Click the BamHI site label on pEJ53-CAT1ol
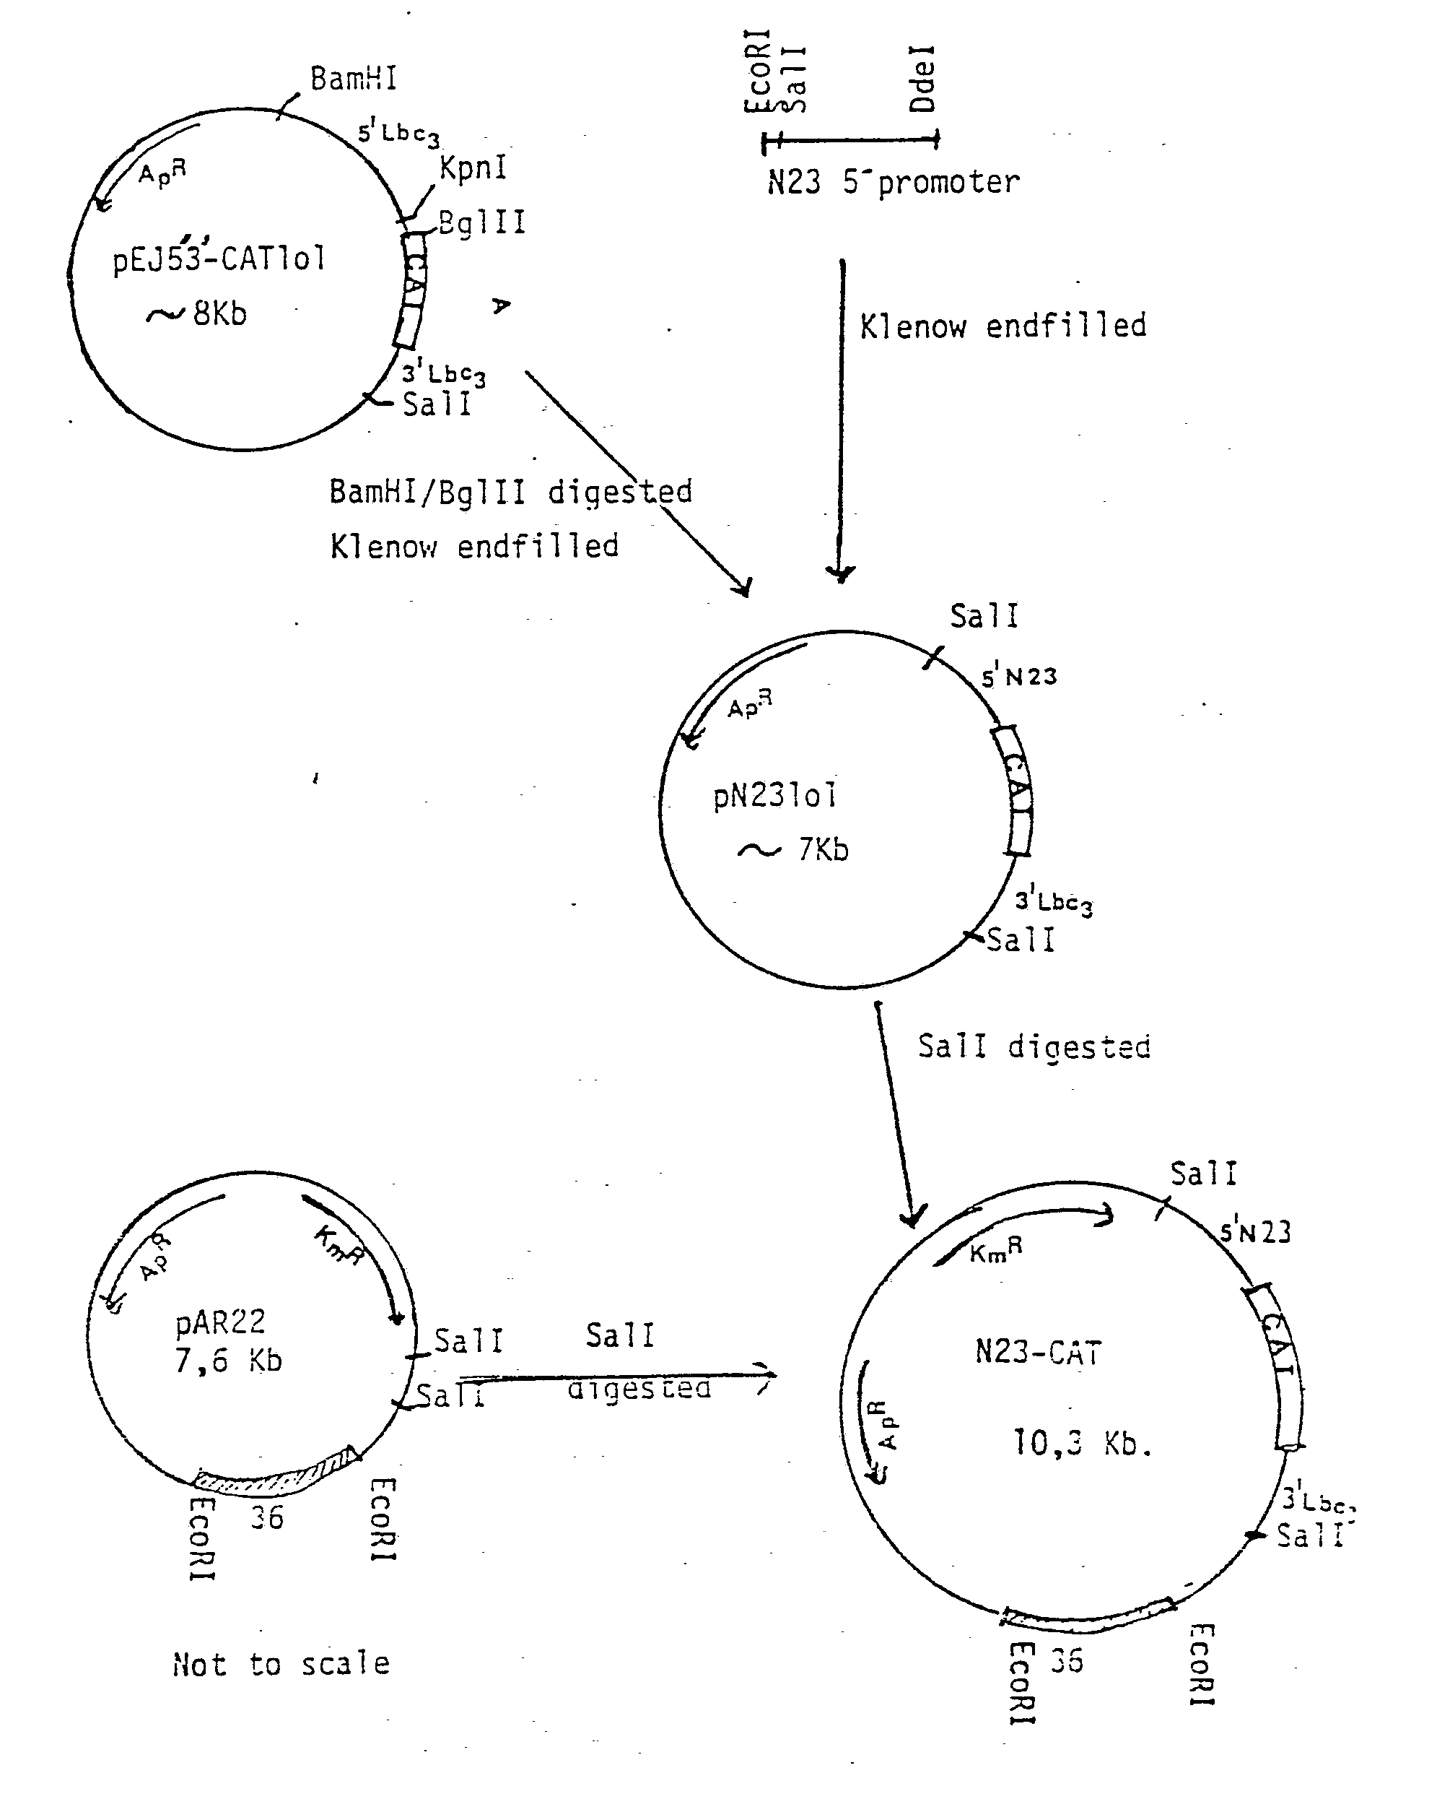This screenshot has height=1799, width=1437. (353, 79)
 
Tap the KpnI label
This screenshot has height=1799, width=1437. (473, 168)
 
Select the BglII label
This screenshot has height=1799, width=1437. (482, 222)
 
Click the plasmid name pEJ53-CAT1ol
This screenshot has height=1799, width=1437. (219, 259)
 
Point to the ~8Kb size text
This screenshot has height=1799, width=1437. (198, 313)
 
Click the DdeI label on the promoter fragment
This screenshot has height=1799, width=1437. (923, 79)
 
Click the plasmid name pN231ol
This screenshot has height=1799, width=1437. (774, 795)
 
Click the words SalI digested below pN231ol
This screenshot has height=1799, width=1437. (1034, 1046)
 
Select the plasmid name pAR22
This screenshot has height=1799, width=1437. (220, 1322)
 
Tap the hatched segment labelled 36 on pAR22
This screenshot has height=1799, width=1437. (275, 1476)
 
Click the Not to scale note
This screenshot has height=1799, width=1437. (281, 1664)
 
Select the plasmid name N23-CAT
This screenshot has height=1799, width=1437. (1039, 1353)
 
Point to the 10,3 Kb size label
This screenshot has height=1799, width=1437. (1082, 1443)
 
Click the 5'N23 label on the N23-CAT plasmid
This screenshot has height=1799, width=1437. (1255, 1231)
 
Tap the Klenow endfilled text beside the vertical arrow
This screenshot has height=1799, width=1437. (1003, 326)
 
